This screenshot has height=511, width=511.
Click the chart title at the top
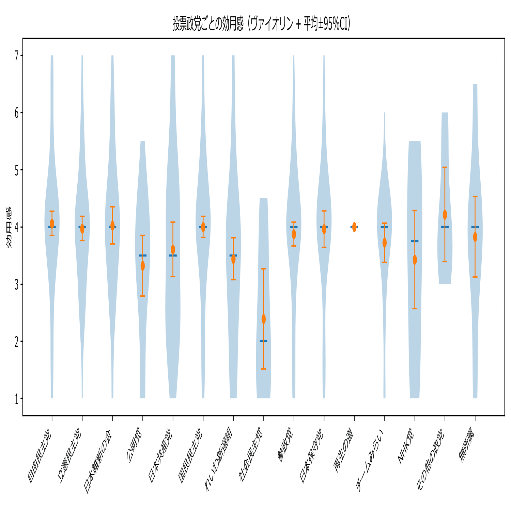[261, 24]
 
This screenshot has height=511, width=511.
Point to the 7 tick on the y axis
[17, 56]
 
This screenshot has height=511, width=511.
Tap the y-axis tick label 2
[17, 341]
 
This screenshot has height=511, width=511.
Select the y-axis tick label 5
[17, 170]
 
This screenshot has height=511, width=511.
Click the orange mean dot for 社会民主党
[264, 319]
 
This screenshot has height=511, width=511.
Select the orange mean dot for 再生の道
[354, 227]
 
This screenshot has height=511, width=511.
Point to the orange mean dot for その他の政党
[445, 215]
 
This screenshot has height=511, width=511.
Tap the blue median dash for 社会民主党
[264, 341]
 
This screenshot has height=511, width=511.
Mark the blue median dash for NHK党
[415, 241]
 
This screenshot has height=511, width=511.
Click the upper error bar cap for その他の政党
[445, 167]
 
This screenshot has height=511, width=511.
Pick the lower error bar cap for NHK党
[415, 309]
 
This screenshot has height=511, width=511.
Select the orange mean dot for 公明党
[143, 266]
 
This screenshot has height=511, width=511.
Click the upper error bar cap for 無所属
[475, 197]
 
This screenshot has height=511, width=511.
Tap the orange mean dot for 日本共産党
[173, 249]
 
